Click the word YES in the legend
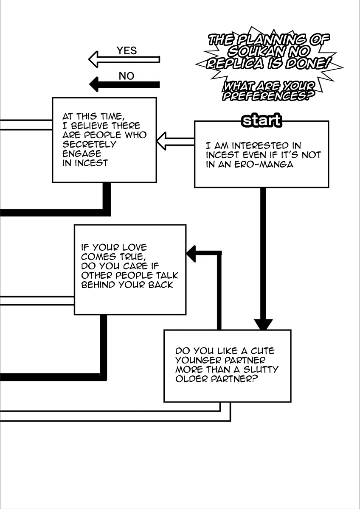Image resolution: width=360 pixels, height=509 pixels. pyautogui.click(x=127, y=51)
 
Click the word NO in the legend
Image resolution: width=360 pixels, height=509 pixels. pyautogui.click(x=126, y=76)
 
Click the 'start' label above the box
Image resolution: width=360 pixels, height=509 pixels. pyautogui.click(x=261, y=121)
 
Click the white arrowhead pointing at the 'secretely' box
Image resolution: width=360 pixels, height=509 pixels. pyautogui.click(x=163, y=141)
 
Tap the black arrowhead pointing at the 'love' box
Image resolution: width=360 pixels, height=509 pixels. pyautogui.click(x=191, y=253)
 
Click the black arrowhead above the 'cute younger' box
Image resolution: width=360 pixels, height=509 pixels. pyautogui.click(x=263, y=324)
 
